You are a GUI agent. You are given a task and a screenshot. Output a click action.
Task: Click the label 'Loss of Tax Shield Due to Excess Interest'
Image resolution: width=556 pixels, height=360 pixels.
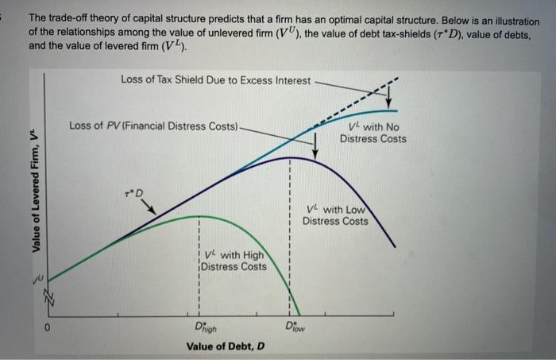click(217, 79)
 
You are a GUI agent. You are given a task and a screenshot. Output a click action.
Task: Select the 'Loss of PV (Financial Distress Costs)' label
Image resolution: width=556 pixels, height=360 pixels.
click(153, 126)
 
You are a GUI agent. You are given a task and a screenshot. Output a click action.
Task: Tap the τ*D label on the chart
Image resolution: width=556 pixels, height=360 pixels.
click(136, 193)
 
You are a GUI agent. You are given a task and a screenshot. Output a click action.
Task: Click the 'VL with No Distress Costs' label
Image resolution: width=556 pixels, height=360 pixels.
click(373, 134)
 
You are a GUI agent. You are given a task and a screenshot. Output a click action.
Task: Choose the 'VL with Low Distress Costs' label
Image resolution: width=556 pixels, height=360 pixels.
click(335, 215)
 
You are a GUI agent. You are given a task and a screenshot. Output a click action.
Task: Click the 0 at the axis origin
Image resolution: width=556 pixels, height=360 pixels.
click(47, 327)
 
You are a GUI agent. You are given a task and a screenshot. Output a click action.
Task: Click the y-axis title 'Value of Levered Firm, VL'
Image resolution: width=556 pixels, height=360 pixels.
click(35, 191)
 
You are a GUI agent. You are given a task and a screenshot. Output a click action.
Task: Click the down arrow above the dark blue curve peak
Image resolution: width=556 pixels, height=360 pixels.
click(315, 145)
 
